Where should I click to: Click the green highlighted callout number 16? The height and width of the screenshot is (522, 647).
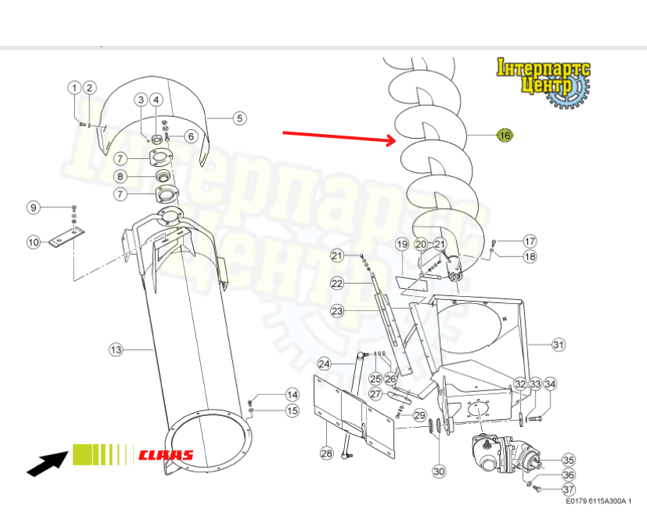tap(505, 135)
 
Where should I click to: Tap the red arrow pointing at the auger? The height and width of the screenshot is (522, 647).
tap(339, 136)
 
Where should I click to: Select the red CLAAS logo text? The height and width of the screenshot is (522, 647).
tap(166, 455)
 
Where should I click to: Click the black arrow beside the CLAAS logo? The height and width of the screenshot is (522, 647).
tap(47, 464)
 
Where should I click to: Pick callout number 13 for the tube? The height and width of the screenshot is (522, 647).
tap(116, 350)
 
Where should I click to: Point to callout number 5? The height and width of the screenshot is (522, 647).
tap(240, 118)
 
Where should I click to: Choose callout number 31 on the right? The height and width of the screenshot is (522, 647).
tap(558, 344)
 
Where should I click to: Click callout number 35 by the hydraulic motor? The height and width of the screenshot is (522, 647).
tap(568, 460)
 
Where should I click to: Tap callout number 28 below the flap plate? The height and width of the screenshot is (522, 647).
tap(326, 453)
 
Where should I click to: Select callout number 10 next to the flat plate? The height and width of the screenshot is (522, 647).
tap(33, 242)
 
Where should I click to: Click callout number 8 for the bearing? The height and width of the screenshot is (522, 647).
tap(120, 177)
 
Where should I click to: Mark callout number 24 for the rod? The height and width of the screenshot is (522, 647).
tap(325, 364)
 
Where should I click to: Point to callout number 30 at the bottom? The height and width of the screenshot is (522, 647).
tap(439, 471)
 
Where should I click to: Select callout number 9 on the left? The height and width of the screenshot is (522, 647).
tap(33, 207)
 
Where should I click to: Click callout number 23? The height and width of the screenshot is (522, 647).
tap(337, 311)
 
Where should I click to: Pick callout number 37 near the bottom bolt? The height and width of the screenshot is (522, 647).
tap(568, 489)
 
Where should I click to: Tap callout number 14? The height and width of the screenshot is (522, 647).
tap(293, 395)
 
